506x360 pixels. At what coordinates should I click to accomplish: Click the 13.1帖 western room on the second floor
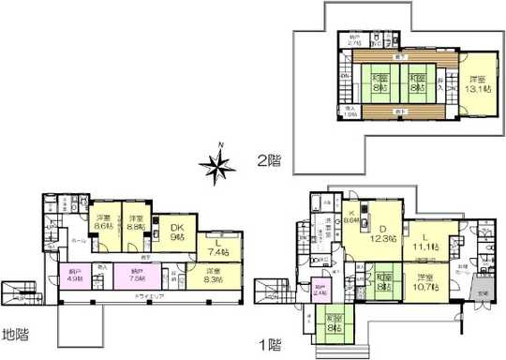point(478,84)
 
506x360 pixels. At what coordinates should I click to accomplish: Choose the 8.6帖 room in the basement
point(104,223)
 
